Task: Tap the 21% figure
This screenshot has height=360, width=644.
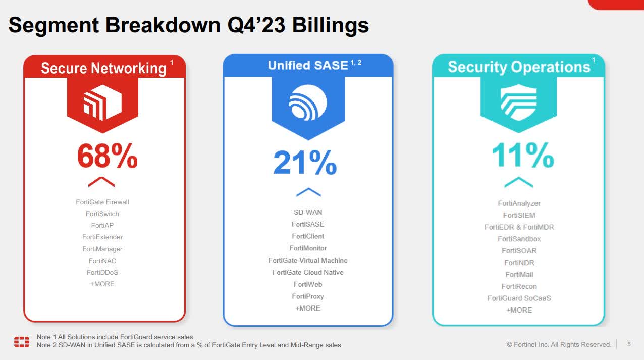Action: (x=305, y=162)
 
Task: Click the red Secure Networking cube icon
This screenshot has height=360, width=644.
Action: (x=103, y=104)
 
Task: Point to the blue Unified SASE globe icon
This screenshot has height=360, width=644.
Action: (x=308, y=103)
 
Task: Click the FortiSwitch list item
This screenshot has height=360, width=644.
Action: (x=102, y=214)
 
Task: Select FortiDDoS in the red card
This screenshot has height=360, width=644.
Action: (x=102, y=272)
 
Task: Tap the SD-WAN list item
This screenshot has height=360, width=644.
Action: (x=308, y=212)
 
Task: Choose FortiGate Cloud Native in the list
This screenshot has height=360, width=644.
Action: (x=308, y=272)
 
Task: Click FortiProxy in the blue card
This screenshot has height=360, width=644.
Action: (x=308, y=296)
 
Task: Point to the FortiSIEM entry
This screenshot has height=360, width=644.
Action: (x=519, y=215)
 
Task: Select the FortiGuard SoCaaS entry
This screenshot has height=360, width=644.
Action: (x=519, y=298)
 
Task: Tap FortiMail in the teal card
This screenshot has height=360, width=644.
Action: (x=519, y=274)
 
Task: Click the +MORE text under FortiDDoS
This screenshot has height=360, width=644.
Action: (x=102, y=284)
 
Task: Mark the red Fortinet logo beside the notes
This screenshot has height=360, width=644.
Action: (x=22, y=341)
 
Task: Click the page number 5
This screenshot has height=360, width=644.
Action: (x=629, y=344)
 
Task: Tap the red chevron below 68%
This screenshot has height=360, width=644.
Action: (x=101, y=182)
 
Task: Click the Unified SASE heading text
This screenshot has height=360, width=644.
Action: (x=308, y=65)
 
